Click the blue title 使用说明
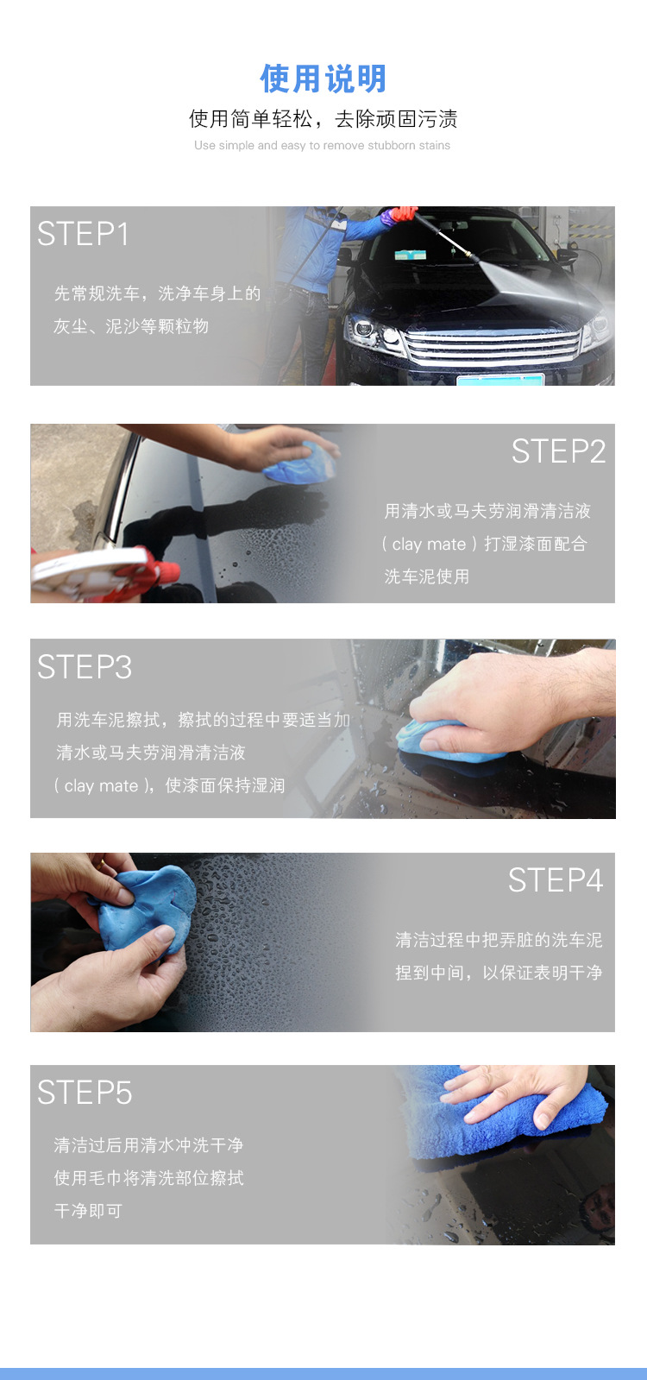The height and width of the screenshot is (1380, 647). click(x=323, y=79)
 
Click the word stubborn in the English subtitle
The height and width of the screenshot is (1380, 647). click(x=391, y=145)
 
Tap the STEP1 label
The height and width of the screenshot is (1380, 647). click(x=83, y=234)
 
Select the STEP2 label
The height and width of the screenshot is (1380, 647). click(x=558, y=451)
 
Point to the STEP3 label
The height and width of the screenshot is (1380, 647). click(x=85, y=666)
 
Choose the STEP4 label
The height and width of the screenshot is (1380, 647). click(x=556, y=879)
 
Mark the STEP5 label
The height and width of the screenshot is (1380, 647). click(x=85, y=1093)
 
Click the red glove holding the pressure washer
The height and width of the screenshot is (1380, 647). click(x=403, y=213)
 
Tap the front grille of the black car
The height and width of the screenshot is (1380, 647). click(x=493, y=347)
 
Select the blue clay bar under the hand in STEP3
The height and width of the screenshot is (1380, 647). click(x=443, y=741)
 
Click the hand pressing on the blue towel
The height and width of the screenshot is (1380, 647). click(x=517, y=1093)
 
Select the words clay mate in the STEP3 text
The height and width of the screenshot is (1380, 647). click(x=101, y=786)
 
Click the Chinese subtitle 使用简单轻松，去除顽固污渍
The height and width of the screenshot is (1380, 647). click(x=323, y=119)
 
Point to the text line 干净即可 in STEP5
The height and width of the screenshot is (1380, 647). click(x=88, y=1211)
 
